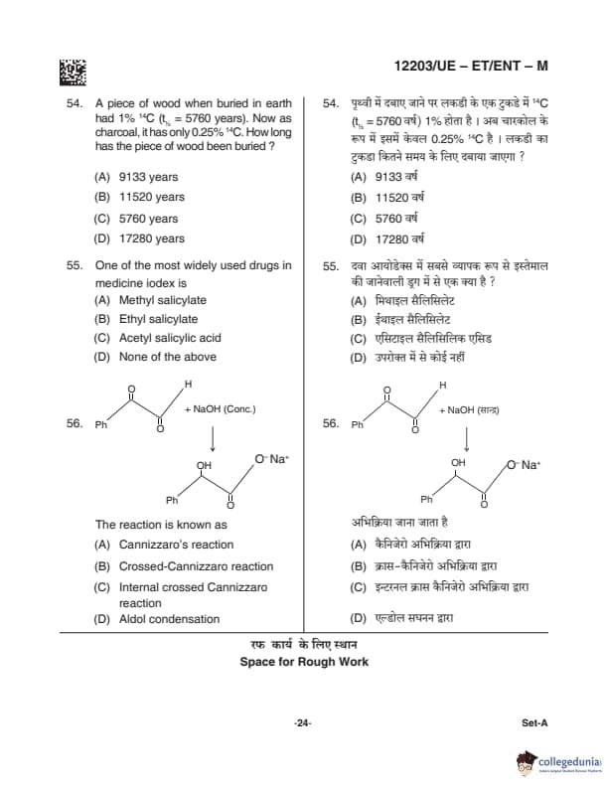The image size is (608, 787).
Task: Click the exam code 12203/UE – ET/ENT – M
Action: tap(471, 67)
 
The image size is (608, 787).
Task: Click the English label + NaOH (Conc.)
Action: tap(221, 408)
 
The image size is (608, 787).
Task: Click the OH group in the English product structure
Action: tap(204, 464)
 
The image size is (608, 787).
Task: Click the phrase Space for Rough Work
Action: tap(304, 662)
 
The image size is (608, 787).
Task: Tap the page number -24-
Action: tap(303, 722)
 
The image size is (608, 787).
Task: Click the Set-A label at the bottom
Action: tap(534, 722)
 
